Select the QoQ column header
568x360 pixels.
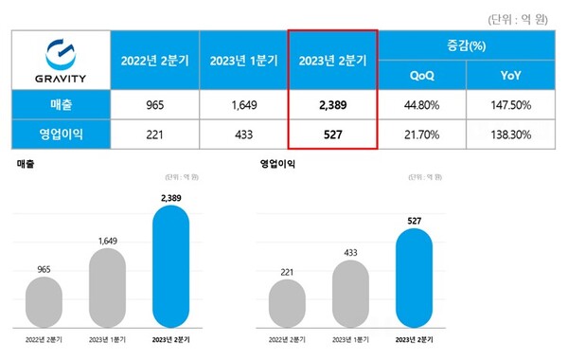[x=422, y=74]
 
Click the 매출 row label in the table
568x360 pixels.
[x=62, y=103]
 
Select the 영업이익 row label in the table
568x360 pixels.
[x=62, y=134]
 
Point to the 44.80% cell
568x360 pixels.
[x=422, y=103]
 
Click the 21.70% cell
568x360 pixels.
[x=422, y=134]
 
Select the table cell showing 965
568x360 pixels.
[x=154, y=103]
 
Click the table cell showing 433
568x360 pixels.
[x=242, y=134]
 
